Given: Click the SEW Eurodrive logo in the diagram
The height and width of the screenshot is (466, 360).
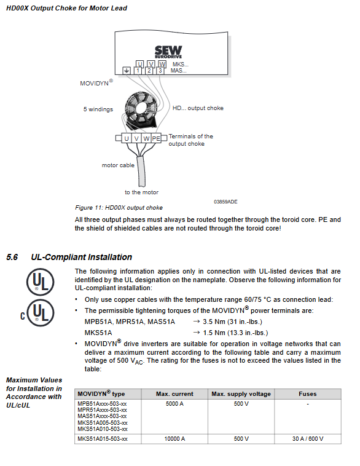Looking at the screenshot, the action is click(168, 52).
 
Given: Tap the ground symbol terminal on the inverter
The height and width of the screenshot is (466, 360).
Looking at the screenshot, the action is click(127, 71).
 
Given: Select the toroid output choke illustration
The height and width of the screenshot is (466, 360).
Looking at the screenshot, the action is click(141, 109).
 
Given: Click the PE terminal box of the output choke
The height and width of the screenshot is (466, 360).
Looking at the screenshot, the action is click(156, 138).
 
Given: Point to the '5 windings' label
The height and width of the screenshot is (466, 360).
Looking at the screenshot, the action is click(98, 109).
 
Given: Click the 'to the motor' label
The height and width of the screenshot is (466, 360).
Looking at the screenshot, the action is click(141, 192).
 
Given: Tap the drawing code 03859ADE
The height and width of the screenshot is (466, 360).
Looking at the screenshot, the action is click(225, 202).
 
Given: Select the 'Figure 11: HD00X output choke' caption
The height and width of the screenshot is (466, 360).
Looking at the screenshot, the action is click(119, 207).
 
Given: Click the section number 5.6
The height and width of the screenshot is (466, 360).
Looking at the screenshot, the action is click(12, 257).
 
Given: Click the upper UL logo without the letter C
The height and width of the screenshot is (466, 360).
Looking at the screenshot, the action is click(40, 282).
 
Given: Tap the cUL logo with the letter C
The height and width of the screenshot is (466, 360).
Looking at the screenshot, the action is click(37, 313).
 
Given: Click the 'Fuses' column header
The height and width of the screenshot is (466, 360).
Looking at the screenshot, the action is click(307, 394).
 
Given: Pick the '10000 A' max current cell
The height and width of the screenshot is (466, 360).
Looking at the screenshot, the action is click(174, 439).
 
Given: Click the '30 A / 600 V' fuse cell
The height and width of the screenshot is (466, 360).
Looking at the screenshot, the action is click(308, 439).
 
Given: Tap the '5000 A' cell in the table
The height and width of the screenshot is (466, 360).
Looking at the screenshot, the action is click(174, 403).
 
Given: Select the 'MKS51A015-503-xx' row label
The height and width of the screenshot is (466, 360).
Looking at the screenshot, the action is click(103, 439).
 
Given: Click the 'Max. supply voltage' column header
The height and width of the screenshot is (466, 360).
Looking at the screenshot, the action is click(241, 394).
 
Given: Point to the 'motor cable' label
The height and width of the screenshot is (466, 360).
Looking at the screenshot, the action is click(118, 165).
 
